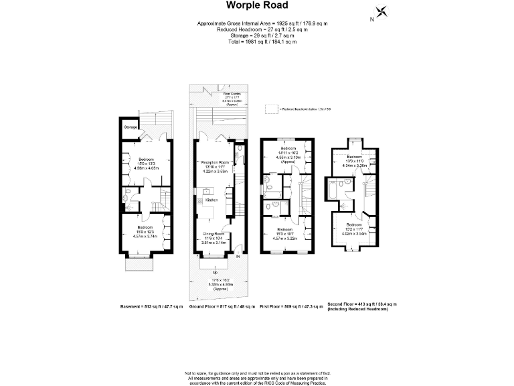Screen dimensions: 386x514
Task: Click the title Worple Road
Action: click(x=257, y=6)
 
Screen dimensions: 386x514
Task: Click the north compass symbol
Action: click(x=381, y=12)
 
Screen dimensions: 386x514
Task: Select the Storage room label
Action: click(x=131, y=127)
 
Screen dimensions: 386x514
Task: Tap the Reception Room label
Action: click(x=216, y=163)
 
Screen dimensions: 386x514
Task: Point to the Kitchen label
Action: click(x=211, y=200)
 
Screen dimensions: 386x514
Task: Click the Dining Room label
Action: click(x=215, y=235)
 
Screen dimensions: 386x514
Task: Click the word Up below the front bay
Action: click(x=215, y=273)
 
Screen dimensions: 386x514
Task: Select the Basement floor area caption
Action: click(x=151, y=306)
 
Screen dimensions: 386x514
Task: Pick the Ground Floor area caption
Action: click(x=223, y=306)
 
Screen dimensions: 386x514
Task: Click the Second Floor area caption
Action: click(x=362, y=304)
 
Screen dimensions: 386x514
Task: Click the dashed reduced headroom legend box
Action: click(x=270, y=108)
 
